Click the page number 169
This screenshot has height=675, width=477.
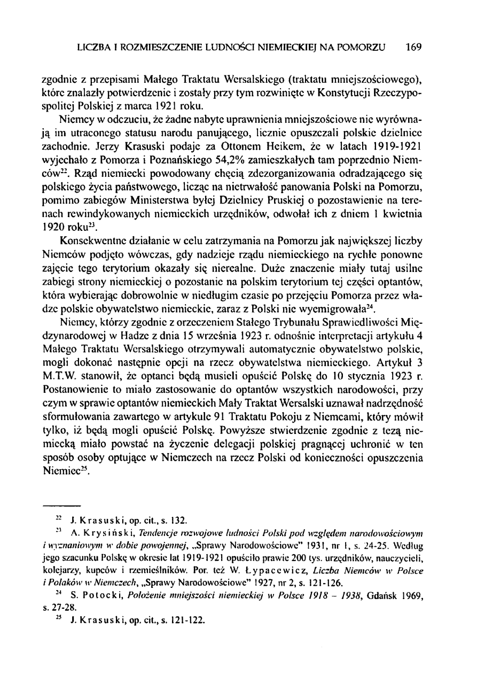point(413,48)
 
